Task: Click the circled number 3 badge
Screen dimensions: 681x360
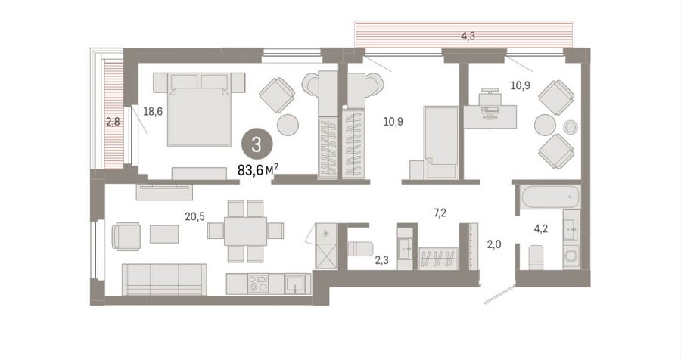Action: tap(257, 145)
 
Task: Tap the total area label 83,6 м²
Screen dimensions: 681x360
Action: tap(258, 170)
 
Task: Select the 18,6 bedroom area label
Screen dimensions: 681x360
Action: tap(153, 112)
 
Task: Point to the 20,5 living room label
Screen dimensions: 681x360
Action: tap(194, 216)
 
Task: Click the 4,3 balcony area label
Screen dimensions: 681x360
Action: tap(468, 36)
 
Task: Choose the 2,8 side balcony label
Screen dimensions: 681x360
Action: tap(113, 122)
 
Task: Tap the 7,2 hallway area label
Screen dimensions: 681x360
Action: tap(440, 213)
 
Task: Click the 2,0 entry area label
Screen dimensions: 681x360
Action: tap(494, 244)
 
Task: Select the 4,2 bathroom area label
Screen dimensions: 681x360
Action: tap(541, 229)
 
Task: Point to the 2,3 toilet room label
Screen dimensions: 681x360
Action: tap(381, 261)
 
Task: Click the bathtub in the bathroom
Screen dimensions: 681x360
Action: tap(550, 197)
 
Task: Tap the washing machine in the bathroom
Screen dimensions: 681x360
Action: tap(571, 256)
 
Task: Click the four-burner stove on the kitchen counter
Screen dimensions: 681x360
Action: tap(257, 284)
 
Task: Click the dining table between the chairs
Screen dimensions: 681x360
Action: tap(245, 231)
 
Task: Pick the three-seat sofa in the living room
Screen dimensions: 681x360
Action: tap(164, 279)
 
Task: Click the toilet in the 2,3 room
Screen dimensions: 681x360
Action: tap(360, 248)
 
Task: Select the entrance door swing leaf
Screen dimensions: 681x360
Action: tap(499, 293)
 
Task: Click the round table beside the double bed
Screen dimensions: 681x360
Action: tap(288, 125)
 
